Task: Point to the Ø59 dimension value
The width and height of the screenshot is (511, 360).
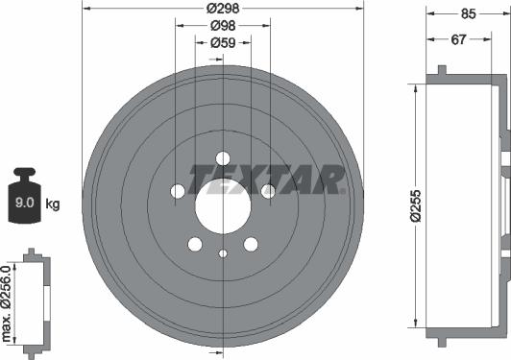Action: (x=223, y=43)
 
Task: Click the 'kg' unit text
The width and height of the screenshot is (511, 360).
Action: (x=52, y=204)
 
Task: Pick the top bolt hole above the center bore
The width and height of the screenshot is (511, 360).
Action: (x=223, y=158)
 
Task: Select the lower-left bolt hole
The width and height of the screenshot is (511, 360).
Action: (x=195, y=244)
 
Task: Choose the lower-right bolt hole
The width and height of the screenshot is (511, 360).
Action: (x=251, y=244)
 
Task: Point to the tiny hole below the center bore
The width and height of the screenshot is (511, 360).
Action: (x=223, y=253)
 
